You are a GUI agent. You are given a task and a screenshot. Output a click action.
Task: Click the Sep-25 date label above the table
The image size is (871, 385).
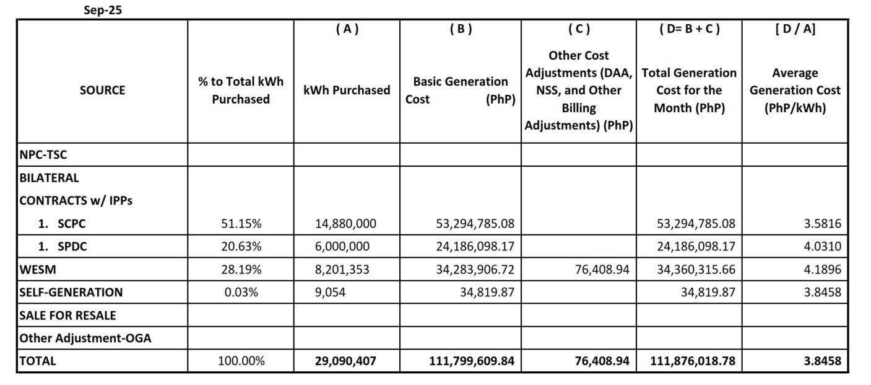click(x=103, y=10)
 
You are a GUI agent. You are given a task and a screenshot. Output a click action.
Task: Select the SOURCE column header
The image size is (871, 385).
click(x=102, y=91)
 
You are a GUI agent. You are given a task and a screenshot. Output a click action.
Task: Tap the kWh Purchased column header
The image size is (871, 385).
click(x=347, y=91)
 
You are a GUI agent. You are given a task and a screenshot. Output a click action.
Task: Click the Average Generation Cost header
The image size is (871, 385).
click(x=795, y=91)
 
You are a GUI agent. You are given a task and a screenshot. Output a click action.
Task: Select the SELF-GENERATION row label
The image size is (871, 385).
click(x=71, y=292)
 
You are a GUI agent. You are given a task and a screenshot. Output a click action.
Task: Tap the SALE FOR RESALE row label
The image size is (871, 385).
click(x=67, y=315)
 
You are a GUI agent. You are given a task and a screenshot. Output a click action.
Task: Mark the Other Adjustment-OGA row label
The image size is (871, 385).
click(x=85, y=338)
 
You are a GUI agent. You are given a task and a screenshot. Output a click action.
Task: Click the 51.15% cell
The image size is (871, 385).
click(x=241, y=223)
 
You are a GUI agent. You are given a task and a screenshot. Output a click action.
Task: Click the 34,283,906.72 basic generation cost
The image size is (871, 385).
click(x=475, y=269)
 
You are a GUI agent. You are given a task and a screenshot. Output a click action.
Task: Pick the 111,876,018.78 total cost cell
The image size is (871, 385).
click(x=693, y=361)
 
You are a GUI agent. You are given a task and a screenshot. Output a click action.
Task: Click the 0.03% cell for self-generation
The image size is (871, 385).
click(x=241, y=292)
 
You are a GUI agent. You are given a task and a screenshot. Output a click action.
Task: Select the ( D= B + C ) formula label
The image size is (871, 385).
click(x=689, y=29)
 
